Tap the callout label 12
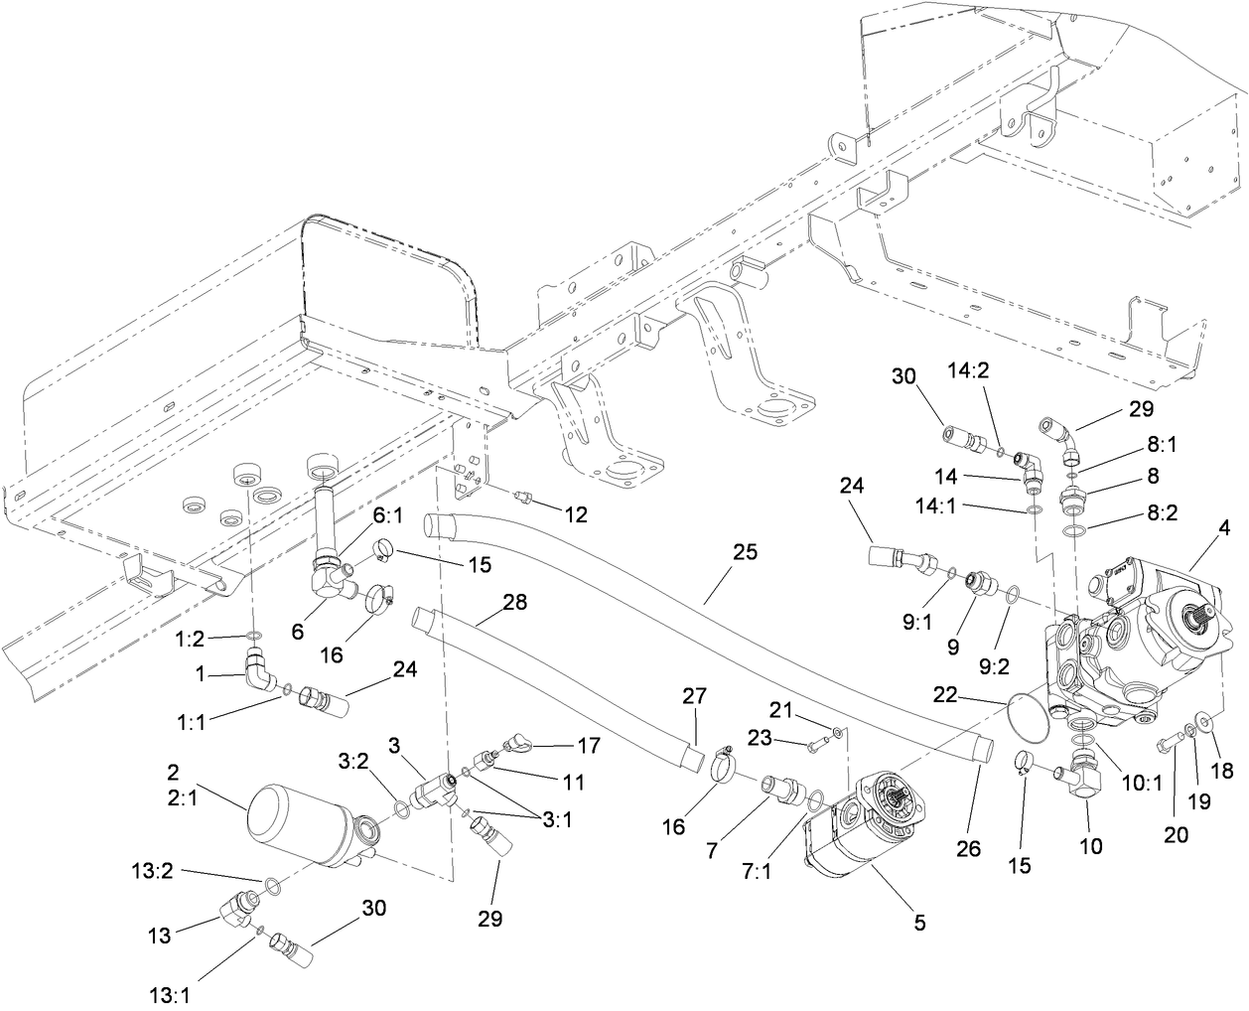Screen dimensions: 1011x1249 (575, 514)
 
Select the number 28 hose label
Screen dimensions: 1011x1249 (514, 602)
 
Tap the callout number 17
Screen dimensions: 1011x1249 (589, 744)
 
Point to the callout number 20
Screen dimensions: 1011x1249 (1177, 835)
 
